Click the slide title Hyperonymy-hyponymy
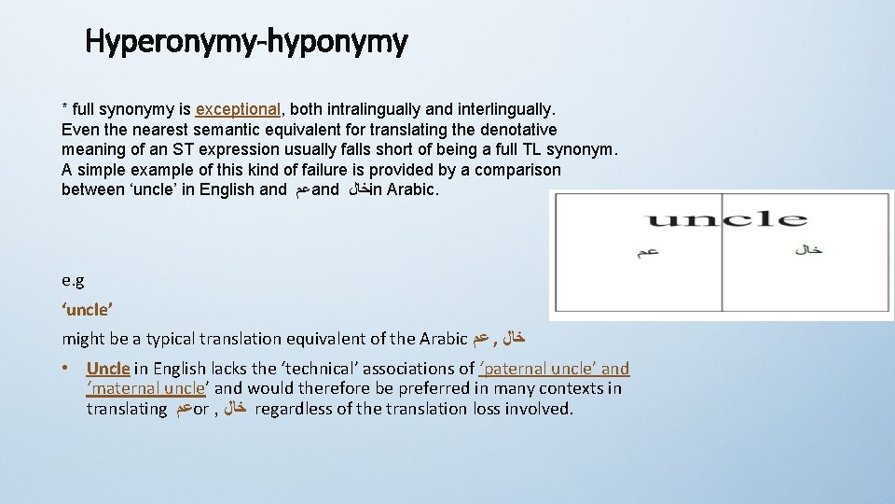246,41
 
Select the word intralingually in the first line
358,109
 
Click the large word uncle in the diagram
724,220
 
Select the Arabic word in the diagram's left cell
647,252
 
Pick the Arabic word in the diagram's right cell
808,249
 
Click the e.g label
74,280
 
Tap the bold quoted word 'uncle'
86,309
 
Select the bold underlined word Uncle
107,369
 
